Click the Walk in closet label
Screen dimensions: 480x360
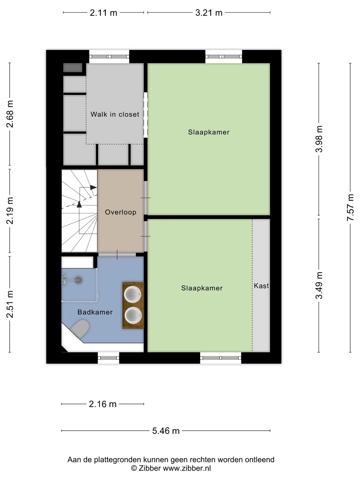[115, 114]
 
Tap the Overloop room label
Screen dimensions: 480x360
[120, 212]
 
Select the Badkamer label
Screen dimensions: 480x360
[95, 312]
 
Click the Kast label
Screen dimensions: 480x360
[261, 286]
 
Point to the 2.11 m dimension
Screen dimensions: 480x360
[103, 13]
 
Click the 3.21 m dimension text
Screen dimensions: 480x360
[209, 13]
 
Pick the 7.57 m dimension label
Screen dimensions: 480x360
[350, 207]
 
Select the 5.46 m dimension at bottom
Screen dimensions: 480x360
[166, 431]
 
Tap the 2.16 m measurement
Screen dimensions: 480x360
[103, 404]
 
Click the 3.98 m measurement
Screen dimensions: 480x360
[319, 139]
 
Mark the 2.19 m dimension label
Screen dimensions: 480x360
[10, 211]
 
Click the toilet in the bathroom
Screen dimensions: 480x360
[80, 328]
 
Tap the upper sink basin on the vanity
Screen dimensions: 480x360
[133, 294]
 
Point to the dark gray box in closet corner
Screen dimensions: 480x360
[73, 68]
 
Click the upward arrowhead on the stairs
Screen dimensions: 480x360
[79, 204]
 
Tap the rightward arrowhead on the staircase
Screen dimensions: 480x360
[93, 187]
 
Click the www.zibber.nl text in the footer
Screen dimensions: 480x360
[187, 468]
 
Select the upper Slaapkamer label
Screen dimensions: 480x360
[209, 132]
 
